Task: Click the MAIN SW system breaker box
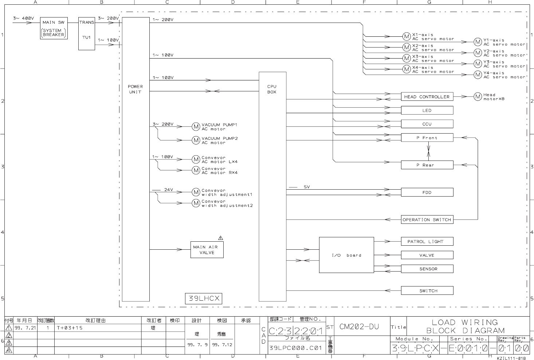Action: tap(54, 28)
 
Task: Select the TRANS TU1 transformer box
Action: tap(86, 33)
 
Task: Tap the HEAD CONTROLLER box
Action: tap(427, 97)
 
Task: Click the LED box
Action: tap(427, 110)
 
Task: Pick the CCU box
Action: tap(427, 124)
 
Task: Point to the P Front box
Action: tap(427, 138)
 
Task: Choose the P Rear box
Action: tap(427, 165)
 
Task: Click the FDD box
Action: tap(427, 192)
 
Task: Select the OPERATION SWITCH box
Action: tap(427, 219)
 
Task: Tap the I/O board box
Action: tap(346, 255)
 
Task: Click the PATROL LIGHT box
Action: tap(427, 241)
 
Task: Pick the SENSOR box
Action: tap(427, 269)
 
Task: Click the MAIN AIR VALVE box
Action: tap(207, 250)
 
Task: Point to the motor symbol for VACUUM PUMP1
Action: tap(196, 127)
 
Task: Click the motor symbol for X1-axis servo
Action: tap(407, 36)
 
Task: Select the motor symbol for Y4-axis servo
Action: tap(478, 75)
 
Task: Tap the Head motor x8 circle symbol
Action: tap(478, 97)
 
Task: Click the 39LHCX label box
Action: tap(204, 298)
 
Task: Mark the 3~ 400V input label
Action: tap(24, 18)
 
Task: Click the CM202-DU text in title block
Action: tap(359, 327)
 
